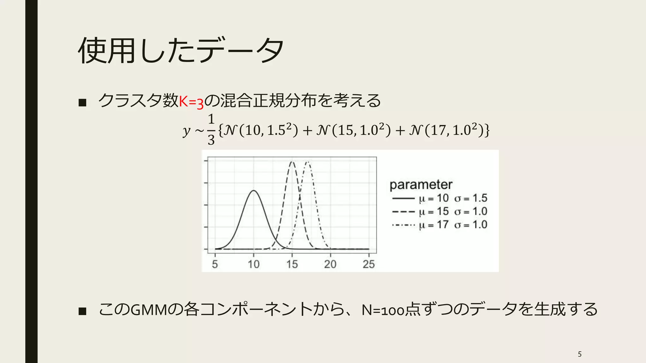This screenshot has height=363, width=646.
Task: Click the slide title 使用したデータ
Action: [x=180, y=50]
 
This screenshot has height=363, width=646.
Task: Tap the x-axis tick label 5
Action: [x=215, y=264]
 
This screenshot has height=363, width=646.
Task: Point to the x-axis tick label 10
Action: [x=253, y=264]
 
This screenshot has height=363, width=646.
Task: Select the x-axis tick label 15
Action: [x=292, y=264]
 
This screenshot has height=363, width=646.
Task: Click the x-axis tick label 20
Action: [x=330, y=264]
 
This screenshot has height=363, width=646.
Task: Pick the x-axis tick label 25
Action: [x=369, y=264]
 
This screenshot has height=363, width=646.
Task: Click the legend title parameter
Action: [x=421, y=185]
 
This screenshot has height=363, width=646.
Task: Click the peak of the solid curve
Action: [x=254, y=191]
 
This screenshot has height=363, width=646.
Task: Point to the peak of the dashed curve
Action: [x=292, y=162]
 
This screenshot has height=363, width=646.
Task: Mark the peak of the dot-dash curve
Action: [x=308, y=162]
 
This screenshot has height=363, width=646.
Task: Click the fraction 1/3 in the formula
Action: [x=211, y=130]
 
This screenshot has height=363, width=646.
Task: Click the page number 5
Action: [x=579, y=354]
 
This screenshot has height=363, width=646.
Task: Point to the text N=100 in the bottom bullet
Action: [x=383, y=310]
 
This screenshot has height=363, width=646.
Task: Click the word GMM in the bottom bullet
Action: [x=148, y=310]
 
